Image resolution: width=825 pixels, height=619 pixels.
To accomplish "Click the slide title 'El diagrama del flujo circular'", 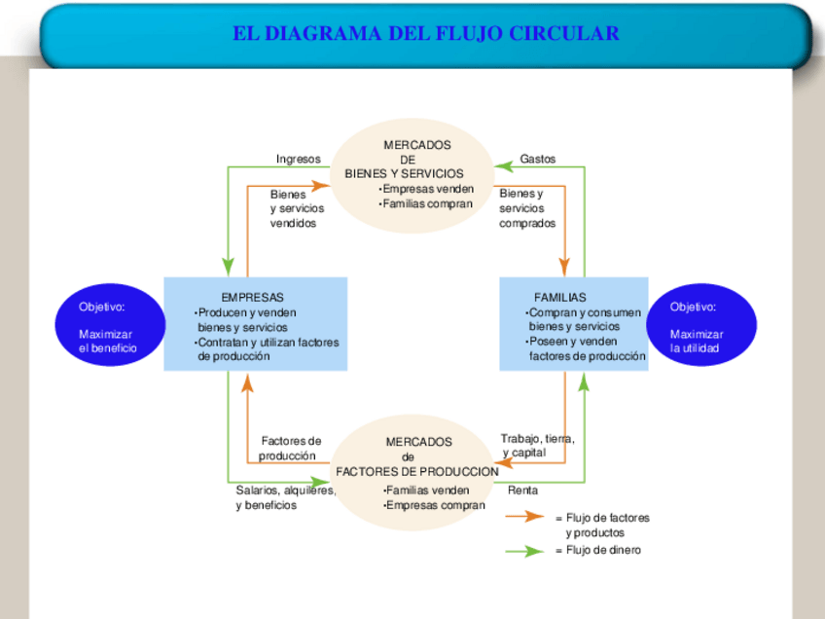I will [425, 34].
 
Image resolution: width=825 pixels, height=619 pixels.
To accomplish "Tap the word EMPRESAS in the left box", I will [253, 297].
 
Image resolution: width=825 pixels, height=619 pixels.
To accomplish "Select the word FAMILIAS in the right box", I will [560, 297].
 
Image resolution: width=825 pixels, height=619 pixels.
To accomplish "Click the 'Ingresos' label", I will [298, 159].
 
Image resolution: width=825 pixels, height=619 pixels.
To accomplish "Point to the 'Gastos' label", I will [538, 159].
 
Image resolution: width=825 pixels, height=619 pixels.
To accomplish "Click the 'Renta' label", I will [522, 491].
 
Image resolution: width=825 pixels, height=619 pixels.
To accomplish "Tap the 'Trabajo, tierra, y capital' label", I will [537, 446].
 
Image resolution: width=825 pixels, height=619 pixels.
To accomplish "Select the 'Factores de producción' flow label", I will [289, 449].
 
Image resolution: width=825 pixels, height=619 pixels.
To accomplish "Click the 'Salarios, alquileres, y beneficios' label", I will [285, 498].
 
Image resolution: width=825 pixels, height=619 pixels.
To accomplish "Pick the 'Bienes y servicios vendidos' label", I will [296, 208].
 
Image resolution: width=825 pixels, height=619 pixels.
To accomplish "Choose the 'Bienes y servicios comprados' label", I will [527, 208].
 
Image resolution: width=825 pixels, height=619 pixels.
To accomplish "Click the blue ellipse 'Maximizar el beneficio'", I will [108, 326].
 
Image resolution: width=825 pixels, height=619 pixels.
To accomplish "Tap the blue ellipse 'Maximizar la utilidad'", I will [701, 326].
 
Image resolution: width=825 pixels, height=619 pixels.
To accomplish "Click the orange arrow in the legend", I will [526, 517].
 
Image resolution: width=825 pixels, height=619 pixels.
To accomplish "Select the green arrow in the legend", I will [526, 551].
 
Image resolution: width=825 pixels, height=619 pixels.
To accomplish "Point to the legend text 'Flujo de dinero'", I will [603, 551].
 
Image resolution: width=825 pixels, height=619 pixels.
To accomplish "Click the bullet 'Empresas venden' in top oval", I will [427, 189].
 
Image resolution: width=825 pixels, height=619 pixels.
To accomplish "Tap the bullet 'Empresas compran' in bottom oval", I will [434, 505].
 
